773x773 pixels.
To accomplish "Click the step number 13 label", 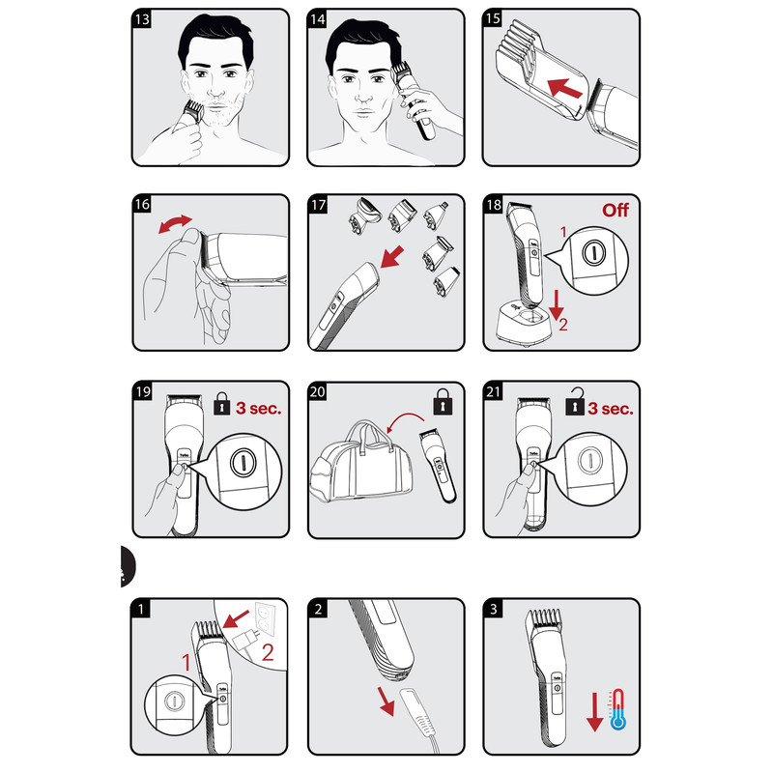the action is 142,19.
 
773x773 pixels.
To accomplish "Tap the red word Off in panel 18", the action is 616,210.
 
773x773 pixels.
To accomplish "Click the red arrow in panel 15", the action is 565,88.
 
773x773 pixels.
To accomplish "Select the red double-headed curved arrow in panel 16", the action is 175,223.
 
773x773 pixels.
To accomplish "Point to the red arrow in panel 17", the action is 392,257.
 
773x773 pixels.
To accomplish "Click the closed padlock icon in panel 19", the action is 222,404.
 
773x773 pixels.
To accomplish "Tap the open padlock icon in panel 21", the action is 574,401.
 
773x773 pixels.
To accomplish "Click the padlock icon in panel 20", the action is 443,402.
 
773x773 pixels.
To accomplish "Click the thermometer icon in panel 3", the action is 617,709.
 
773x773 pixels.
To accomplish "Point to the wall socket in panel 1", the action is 265,618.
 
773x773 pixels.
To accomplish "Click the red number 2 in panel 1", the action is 268,652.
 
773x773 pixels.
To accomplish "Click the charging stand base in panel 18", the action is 524,324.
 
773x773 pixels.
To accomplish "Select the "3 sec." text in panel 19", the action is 258,408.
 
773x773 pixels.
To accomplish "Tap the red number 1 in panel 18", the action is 563,232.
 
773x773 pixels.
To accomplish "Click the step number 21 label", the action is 493,391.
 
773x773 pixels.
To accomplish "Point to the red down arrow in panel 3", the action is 595,711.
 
